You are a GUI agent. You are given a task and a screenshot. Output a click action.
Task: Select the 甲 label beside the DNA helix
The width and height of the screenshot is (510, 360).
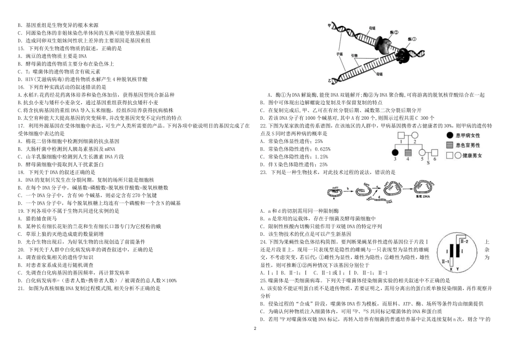(327, 25)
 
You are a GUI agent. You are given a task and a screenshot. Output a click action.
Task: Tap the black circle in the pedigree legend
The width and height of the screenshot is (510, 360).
(448, 135)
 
